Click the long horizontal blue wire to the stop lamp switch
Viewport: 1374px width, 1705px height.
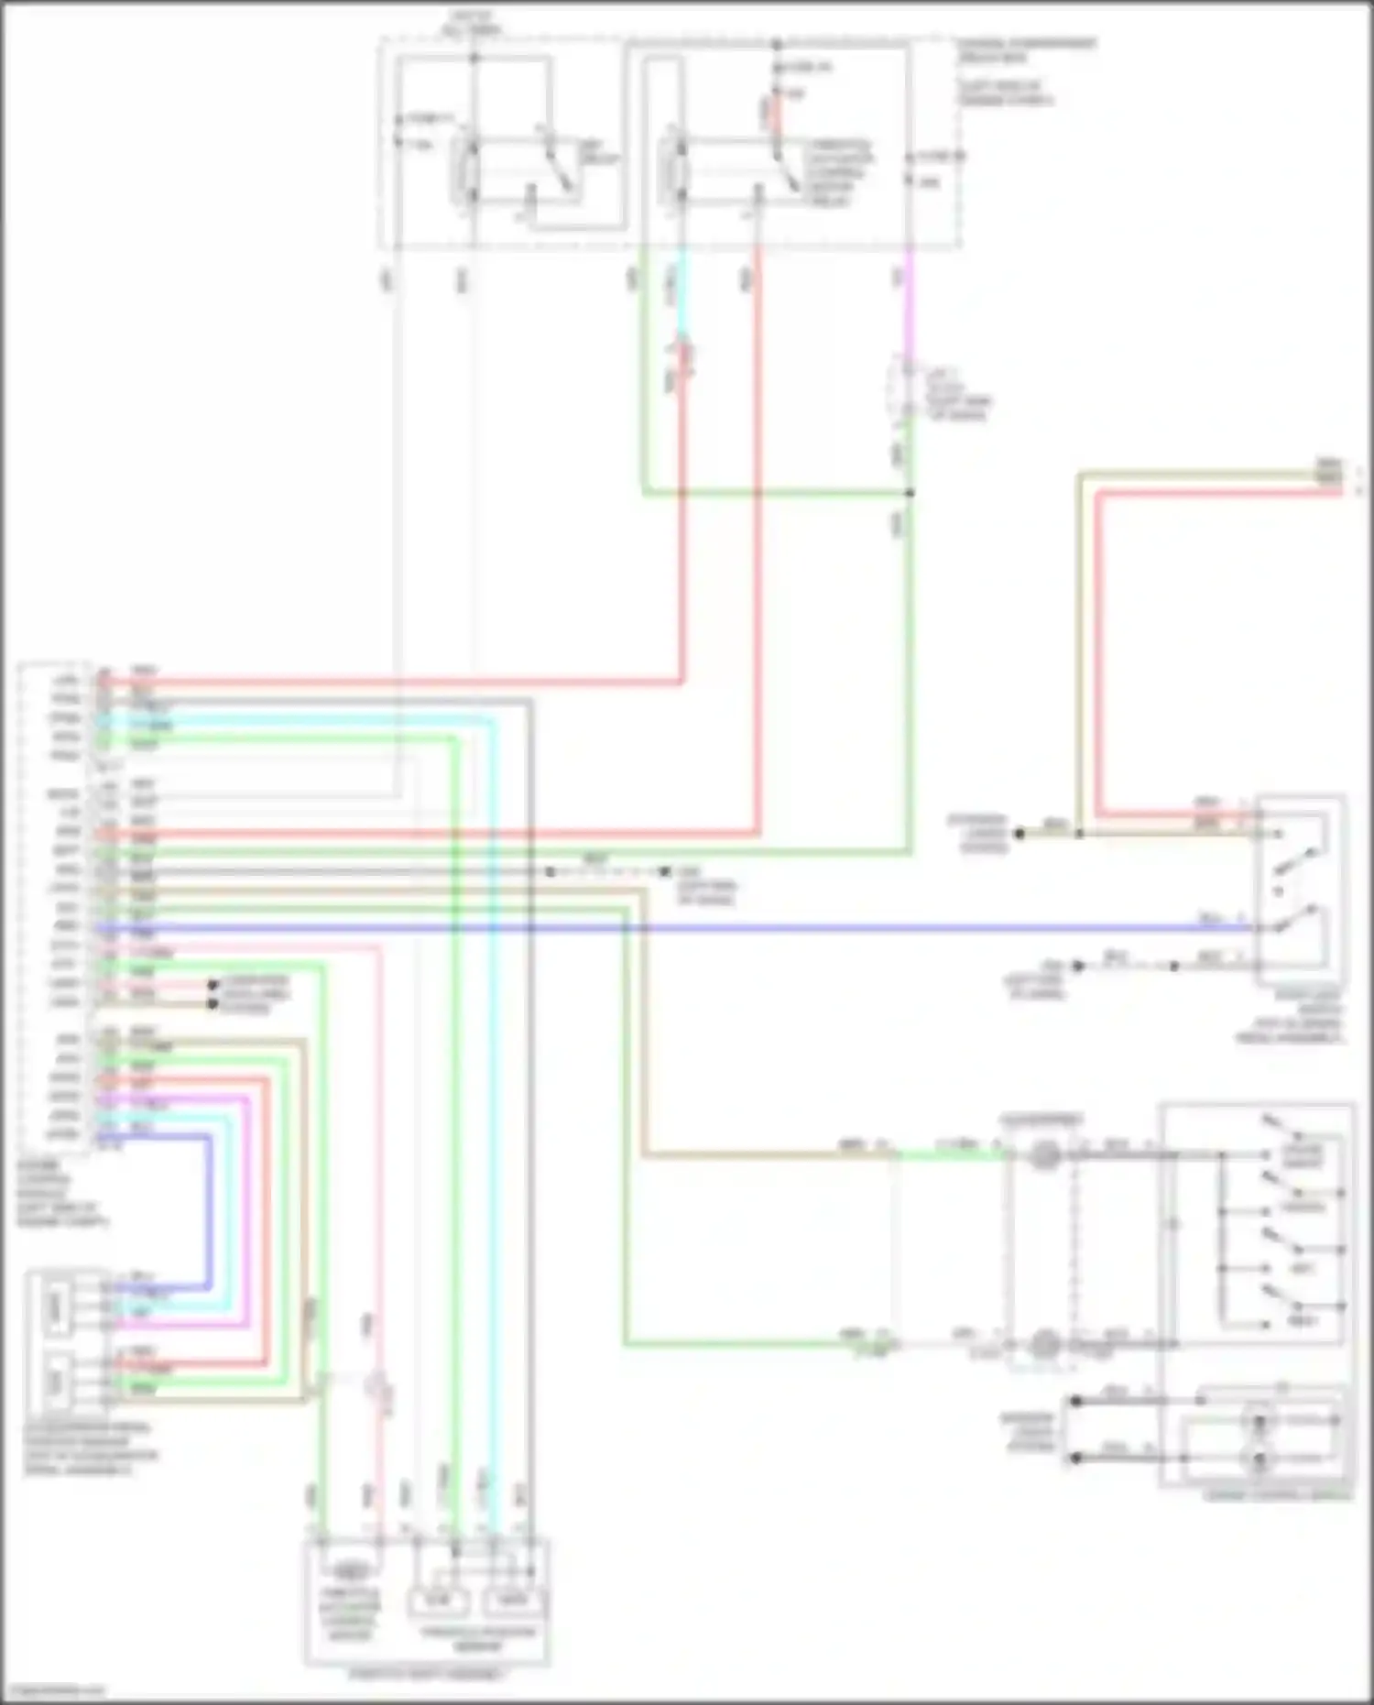[733, 929]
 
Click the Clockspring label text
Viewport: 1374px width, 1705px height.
[1041, 1120]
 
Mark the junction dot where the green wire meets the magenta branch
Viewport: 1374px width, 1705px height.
[910, 493]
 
